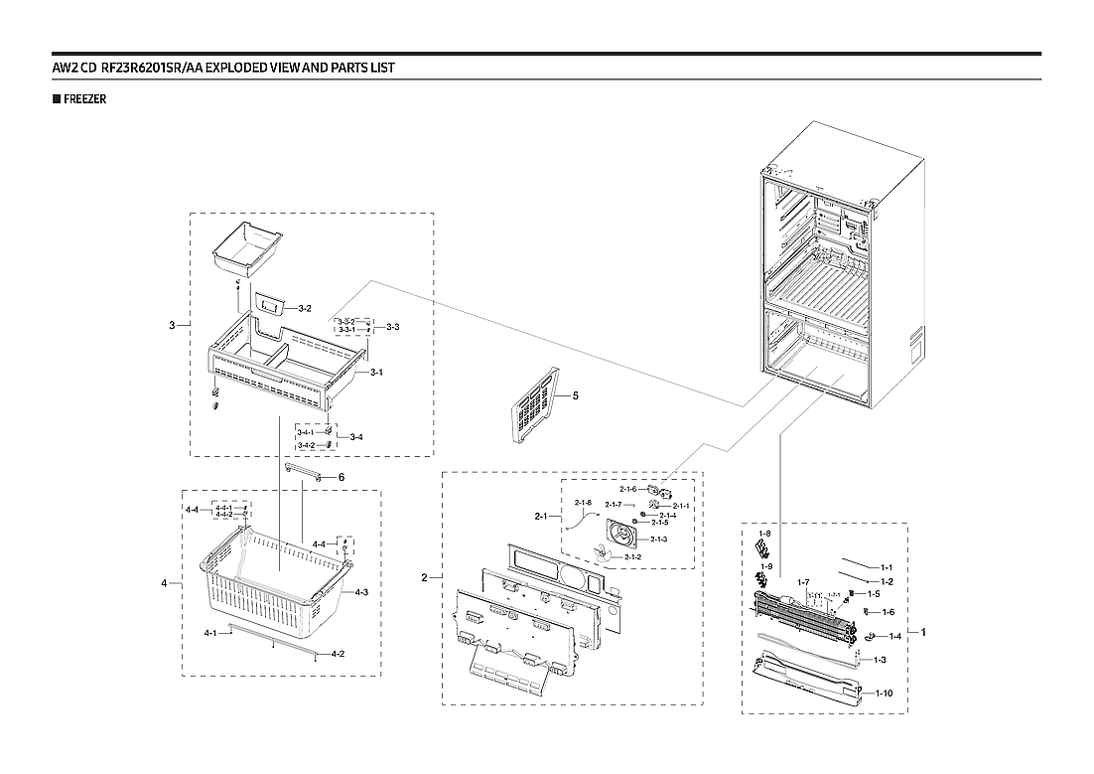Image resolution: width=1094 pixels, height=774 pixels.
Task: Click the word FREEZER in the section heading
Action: pos(84,99)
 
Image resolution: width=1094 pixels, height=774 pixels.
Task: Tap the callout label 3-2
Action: pos(305,309)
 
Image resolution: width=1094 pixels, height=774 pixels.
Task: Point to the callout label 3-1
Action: pos(376,373)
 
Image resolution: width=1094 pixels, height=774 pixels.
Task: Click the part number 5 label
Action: pos(575,395)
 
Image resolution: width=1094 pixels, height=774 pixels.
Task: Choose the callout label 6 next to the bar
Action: pos(341,477)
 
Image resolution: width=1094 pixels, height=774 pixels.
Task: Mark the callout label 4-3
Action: pos(361,592)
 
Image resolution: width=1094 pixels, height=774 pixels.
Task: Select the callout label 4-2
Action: pos(338,654)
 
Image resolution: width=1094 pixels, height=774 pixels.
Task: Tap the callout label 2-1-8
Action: pos(583,503)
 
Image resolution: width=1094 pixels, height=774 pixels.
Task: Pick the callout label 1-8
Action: pos(764,534)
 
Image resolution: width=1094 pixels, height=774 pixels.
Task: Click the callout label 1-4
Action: pos(894,636)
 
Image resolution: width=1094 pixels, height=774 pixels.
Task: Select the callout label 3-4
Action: pos(355,437)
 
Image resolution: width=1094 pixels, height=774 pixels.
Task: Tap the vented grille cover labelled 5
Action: pos(532,407)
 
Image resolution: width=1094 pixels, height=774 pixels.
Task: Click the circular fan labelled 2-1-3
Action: pos(625,539)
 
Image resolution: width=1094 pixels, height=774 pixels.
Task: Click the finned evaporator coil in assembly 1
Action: pos(804,614)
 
